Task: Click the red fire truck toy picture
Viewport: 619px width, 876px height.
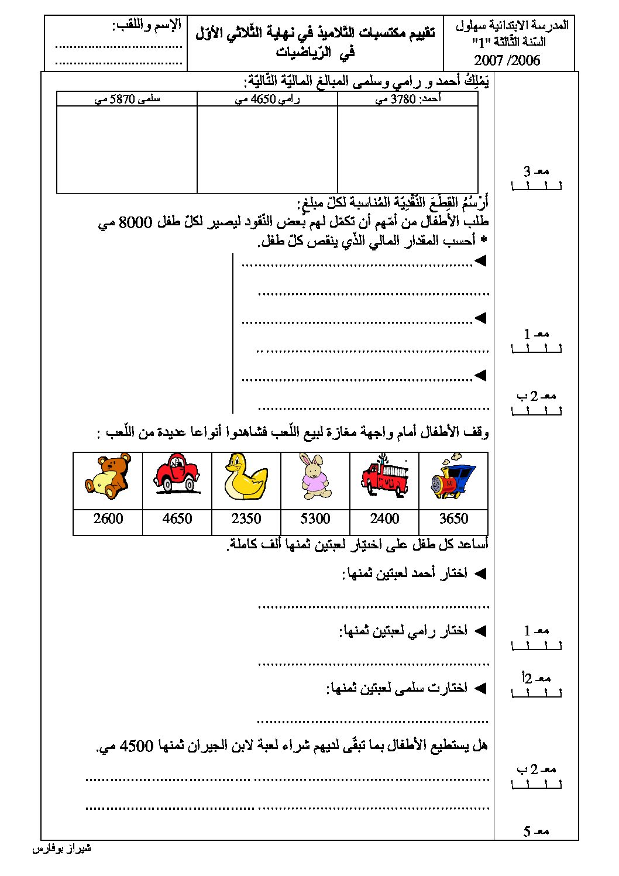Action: click(x=384, y=476)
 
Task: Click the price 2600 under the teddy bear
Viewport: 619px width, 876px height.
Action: click(x=108, y=518)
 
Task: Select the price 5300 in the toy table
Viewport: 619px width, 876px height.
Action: click(x=315, y=518)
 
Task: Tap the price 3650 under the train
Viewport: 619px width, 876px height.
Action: click(x=453, y=518)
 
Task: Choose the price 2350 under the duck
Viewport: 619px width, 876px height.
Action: click(x=246, y=518)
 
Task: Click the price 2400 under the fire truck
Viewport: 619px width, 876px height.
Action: click(x=384, y=518)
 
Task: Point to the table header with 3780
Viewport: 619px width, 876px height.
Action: click(x=408, y=99)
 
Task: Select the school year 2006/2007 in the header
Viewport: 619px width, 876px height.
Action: click(x=507, y=60)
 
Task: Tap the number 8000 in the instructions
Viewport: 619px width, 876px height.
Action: click(x=135, y=222)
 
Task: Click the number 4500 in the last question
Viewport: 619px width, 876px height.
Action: click(x=136, y=746)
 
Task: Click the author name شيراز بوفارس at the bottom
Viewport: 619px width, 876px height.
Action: click(x=61, y=848)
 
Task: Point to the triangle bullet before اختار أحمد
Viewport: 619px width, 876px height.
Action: click(x=480, y=573)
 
